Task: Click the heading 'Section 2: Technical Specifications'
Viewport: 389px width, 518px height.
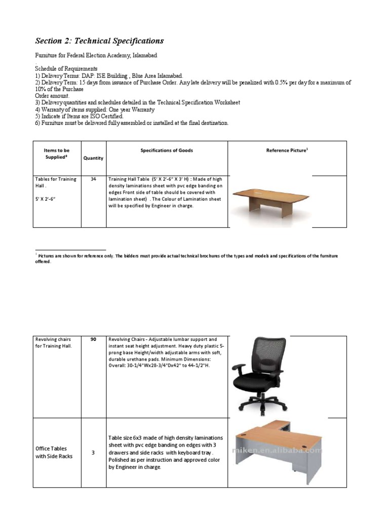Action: tap(99, 41)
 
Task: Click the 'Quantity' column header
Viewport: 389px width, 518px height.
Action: tap(93, 158)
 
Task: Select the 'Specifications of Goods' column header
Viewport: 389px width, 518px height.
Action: tap(167, 151)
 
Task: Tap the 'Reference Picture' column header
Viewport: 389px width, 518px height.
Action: tap(287, 151)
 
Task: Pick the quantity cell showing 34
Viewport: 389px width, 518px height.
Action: tap(93, 179)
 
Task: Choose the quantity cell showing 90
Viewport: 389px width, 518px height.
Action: tap(93, 339)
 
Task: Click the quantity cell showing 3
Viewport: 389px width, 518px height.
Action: tap(93, 453)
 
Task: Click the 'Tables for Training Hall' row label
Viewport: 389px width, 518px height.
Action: tap(55, 182)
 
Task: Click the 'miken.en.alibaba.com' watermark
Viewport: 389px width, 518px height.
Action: tap(276, 450)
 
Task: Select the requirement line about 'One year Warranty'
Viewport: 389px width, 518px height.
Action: tap(95, 109)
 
